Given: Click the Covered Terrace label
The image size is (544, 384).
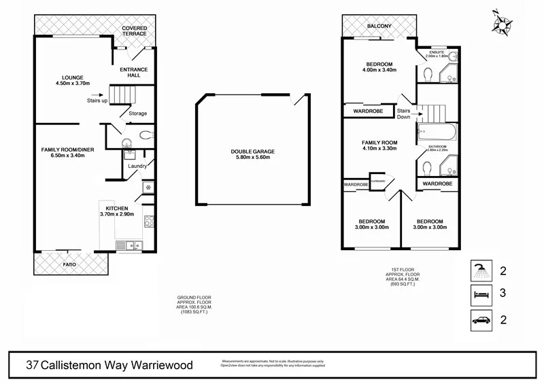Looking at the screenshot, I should click(135, 31).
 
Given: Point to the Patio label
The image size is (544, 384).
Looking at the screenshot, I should click(69, 264).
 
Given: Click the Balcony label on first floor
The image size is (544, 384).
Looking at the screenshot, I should click(379, 26).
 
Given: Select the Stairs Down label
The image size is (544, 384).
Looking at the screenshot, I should click(404, 114).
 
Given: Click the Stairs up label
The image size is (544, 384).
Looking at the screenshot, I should click(97, 101).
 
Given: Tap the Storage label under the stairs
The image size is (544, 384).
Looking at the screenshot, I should click(137, 114).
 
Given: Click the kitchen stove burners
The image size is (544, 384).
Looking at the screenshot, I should click(148, 221).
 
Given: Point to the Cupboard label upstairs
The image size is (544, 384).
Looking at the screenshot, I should click(379, 181).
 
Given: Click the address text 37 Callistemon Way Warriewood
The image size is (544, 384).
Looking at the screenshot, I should click(109, 365).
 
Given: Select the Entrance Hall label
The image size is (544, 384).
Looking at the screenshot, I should click(134, 72).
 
